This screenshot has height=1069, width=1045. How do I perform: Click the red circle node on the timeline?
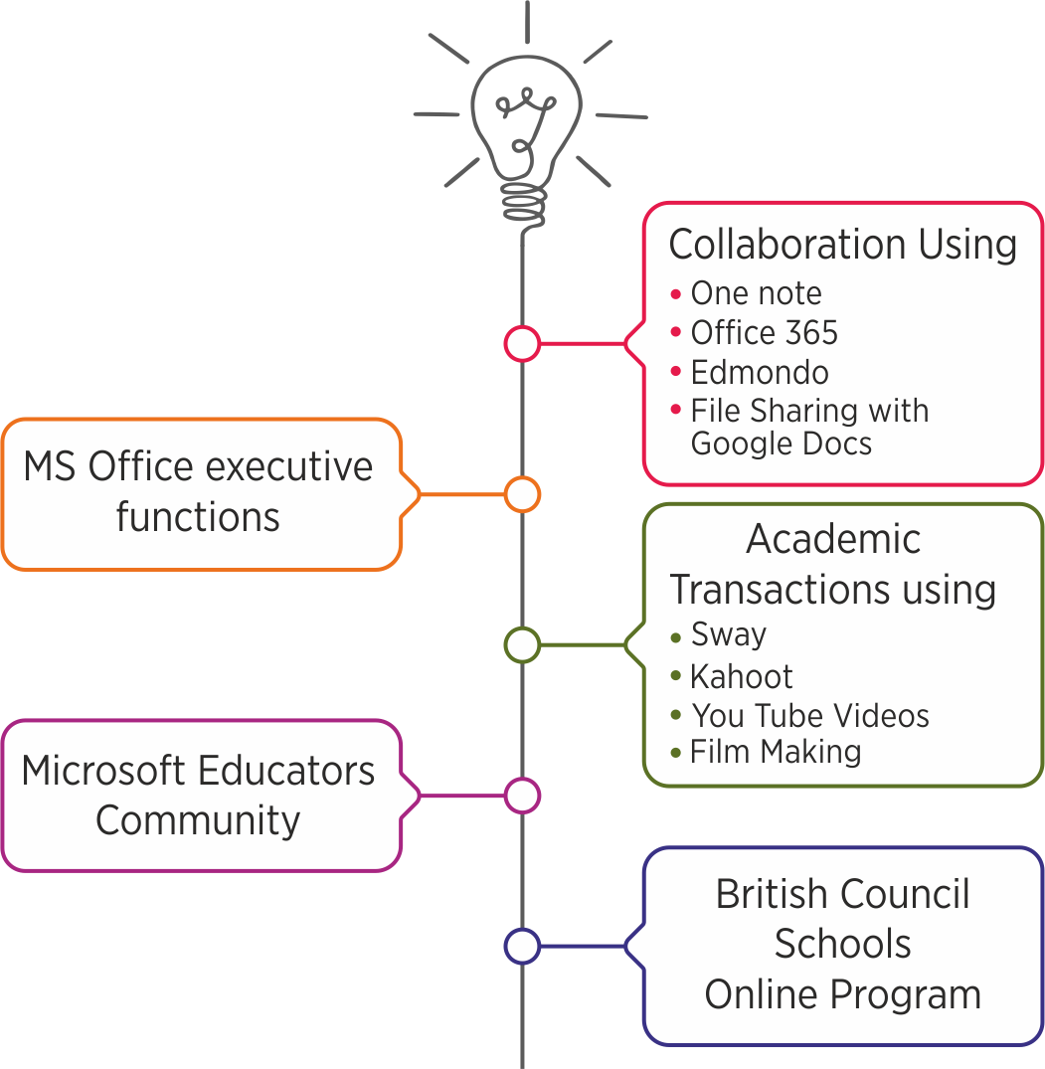coord(522,343)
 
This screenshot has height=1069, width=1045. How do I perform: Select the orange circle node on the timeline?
coord(522,494)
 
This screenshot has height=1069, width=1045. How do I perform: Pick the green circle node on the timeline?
coord(522,644)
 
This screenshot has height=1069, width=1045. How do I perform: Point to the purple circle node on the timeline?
coord(522,796)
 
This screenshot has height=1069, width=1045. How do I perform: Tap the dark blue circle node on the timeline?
coord(522,946)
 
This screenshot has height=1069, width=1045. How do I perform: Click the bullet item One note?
coord(756,293)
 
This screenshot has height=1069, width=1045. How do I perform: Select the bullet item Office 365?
coord(764,332)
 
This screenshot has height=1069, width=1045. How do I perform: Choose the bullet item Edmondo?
coord(760,372)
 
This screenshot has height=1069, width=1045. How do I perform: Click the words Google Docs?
coord(782,443)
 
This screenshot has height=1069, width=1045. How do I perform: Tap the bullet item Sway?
coord(729,634)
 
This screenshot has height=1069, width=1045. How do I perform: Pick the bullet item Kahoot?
coord(742,676)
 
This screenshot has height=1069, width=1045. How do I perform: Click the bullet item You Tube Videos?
coord(810,715)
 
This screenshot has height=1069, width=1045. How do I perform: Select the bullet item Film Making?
coord(776,752)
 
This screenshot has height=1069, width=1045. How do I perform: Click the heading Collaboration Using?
coord(843,245)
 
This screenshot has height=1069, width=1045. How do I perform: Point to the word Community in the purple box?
coord(198,820)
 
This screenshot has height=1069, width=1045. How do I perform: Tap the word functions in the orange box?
coord(198,517)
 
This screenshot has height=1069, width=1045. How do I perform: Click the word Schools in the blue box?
coord(843,944)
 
